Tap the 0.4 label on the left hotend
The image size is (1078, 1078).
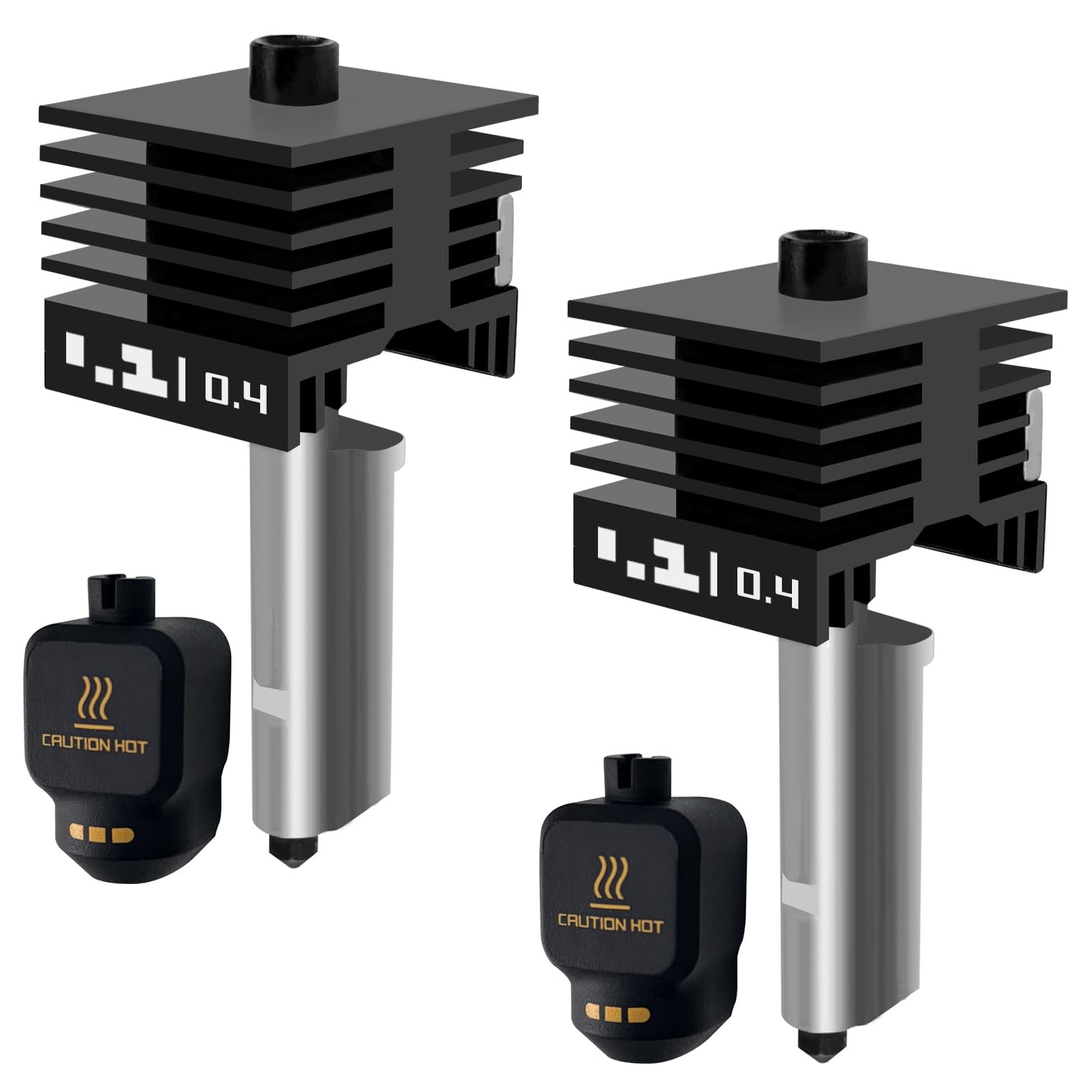point(236,394)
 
